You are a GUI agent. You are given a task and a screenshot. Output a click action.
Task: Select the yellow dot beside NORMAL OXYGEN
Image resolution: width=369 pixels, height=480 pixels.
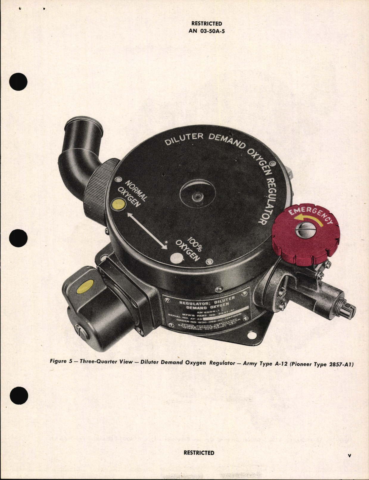pyautogui.click(x=118, y=205)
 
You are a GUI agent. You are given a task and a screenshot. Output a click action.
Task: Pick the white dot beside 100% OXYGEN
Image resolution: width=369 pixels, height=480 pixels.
pyautogui.click(x=176, y=258)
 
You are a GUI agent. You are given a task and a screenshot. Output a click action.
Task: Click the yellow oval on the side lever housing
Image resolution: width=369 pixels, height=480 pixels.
pyautogui.click(x=85, y=287)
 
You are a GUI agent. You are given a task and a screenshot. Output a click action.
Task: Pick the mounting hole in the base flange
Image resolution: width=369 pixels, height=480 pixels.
pyautogui.click(x=252, y=335)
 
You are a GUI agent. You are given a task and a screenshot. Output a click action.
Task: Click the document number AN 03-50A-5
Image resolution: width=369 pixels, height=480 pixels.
pyautogui.click(x=206, y=31)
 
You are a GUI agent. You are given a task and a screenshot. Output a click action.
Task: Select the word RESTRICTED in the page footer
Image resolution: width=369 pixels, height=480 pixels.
pyautogui.click(x=199, y=453)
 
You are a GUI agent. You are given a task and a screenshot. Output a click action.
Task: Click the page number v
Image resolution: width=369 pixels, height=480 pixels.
pyautogui.click(x=349, y=456)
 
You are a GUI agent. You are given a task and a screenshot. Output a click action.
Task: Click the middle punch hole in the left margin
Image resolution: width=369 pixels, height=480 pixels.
pyautogui.click(x=18, y=238)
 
